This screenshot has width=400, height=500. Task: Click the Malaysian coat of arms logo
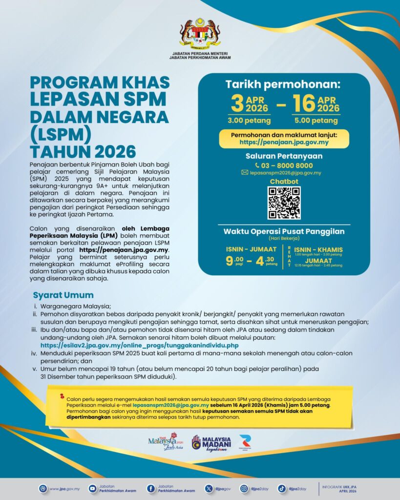pyautogui.click(x=200, y=34)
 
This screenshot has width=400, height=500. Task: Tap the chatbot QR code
pyautogui.click(x=284, y=203)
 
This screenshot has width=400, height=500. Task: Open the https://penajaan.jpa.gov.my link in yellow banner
pyautogui.click(x=284, y=143)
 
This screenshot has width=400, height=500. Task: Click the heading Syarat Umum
pyautogui.click(x=63, y=295)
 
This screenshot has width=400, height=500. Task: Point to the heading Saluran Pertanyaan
pyautogui.click(x=284, y=156)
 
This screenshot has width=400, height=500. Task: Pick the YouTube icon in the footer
pyautogui.click(x=92, y=488)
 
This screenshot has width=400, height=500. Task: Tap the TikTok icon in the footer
pyautogui.click(x=282, y=488)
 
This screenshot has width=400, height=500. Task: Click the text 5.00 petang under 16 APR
pyautogui.click(x=317, y=121)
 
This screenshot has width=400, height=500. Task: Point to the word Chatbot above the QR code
pyautogui.click(x=284, y=182)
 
